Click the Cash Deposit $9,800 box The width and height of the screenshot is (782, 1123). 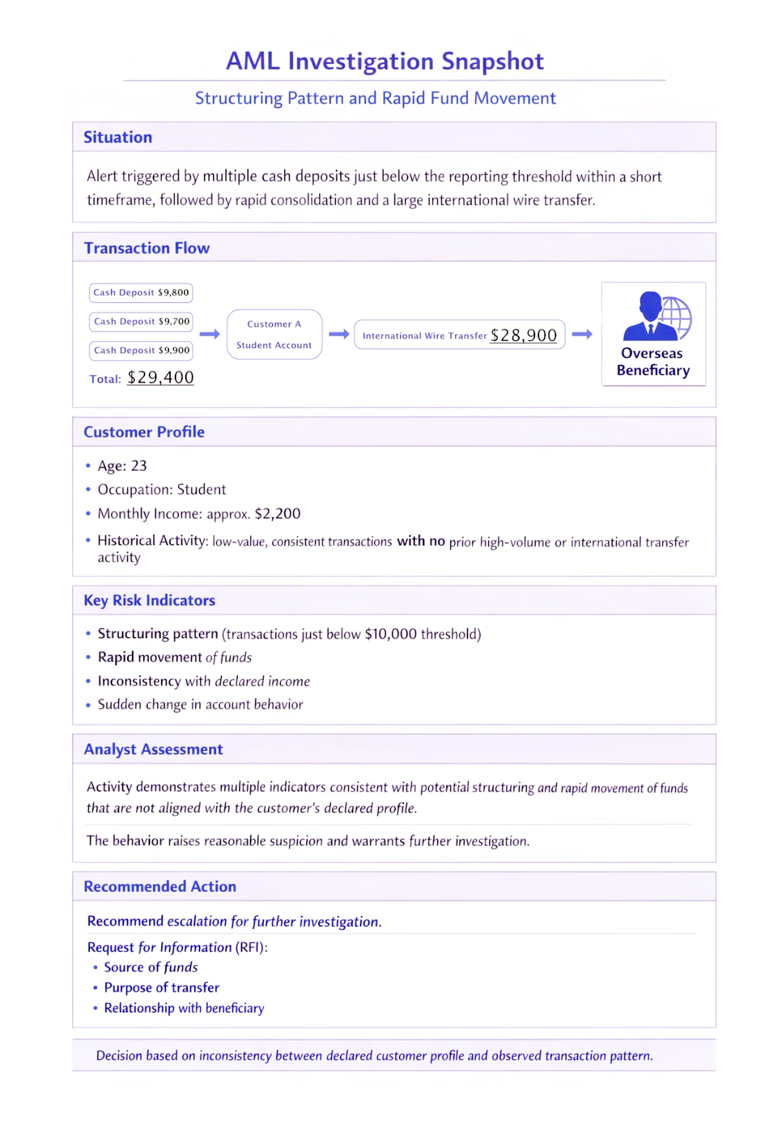(141, 293)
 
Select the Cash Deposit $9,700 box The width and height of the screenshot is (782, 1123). (141, 322)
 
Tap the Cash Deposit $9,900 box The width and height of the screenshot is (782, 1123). (141, 351)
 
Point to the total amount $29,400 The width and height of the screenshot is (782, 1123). (161, 378)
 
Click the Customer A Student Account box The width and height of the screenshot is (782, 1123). (274, 335)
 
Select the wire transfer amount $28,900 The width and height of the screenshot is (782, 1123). (524, 336)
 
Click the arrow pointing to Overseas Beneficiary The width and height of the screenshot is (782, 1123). (582, 335)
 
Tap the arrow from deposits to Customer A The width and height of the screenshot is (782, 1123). (210, 335)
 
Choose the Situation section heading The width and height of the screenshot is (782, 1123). (118, 137)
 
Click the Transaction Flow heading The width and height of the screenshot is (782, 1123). (147, 248)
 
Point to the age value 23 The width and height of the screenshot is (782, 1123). (139, 466)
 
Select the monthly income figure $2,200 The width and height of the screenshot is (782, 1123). (277, 514)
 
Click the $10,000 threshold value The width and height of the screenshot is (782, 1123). (390, 634)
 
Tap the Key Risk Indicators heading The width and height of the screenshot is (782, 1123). (149, 601)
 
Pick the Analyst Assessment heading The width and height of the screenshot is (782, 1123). (153, 749)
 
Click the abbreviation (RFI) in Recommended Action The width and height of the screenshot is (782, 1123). (251, 947)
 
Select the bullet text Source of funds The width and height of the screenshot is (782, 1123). (151, 967)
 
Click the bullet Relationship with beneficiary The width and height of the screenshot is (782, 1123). (184, 1008)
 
